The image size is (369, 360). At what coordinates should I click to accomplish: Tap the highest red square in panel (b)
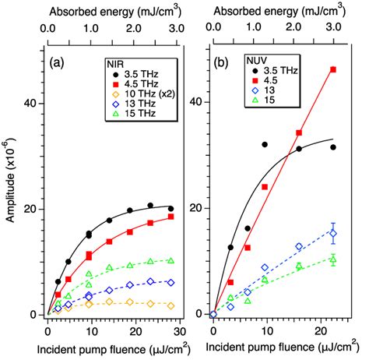coord(333,69)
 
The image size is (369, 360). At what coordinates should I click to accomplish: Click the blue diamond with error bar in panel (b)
coord(333,233)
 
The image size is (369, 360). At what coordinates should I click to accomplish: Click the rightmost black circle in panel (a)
coord(170,209)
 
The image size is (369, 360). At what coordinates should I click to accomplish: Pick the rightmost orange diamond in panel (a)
coord(170,305)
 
